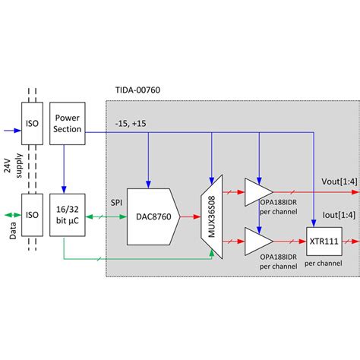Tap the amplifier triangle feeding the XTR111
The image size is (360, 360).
pos(257,242)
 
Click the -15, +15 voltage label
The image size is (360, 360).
pos(131,124)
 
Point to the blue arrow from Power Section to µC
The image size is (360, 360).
pos(65,169)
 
